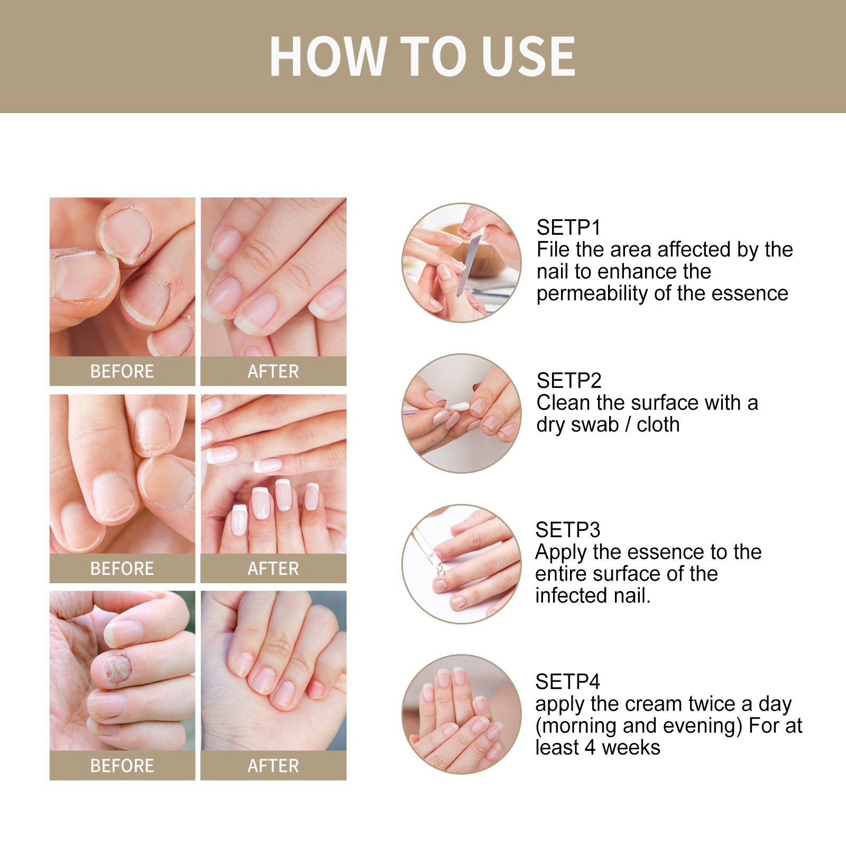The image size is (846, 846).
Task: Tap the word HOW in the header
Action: tap(328, 57)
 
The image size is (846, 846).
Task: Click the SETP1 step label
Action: tap(568, 227)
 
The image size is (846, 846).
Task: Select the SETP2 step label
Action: tap(569, 381)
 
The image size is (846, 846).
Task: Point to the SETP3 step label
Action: tap(567, 530)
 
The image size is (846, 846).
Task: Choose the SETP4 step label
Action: tap(567, 682)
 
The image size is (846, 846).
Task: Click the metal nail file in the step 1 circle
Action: tap(468, 264)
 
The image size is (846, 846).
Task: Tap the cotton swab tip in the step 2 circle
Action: tap(458, 407)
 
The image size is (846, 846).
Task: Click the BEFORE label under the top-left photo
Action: tap(122, 371)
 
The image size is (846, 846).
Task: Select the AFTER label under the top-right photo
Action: tap(273, 371)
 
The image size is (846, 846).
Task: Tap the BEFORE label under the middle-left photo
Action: tap(122, 568)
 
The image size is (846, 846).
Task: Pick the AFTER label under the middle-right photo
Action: tap(273, 568)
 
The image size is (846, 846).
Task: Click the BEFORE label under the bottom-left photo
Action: tap(122, 766)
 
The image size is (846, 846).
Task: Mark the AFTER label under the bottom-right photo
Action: tap(273, 766)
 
